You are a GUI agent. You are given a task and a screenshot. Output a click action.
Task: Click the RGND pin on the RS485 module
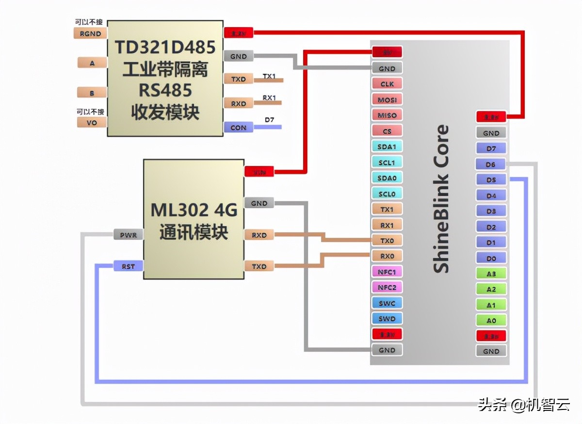(x=90, y=33)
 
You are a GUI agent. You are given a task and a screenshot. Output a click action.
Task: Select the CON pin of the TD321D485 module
(x=238, y=128)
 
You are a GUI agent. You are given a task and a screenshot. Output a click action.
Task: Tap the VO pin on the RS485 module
(x=92, y=122)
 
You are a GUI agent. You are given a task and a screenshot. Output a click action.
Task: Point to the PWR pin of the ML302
(x=128, y=235)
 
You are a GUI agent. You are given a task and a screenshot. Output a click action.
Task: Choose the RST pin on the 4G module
(x=128, y=266)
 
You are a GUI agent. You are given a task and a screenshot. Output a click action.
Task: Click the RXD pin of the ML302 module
(x=259, y=235)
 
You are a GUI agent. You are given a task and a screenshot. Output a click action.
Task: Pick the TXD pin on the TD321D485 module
(x=238, y=79)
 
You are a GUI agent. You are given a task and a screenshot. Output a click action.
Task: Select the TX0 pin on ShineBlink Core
(x=387, y=240)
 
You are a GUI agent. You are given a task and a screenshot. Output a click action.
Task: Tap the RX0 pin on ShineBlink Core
(x=387, y=256)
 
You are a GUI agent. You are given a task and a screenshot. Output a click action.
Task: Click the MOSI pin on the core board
(x=387, y=99)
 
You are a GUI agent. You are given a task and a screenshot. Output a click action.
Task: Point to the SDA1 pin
(x=387, y=147)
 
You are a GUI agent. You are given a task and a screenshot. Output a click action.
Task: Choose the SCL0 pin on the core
(x=387, y=194)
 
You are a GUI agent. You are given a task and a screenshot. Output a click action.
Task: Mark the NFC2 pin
(x=387, y=287)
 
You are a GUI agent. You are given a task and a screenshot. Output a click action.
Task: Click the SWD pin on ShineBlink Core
(x=387, y=319)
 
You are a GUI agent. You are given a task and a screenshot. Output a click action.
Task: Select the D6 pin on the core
(x=491, y=164)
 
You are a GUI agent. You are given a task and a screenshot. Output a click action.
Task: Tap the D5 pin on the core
(x=491, y=180)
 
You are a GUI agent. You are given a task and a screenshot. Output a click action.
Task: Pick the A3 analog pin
(x=491, y=274)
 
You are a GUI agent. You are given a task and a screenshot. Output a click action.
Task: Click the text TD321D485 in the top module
(x=165, y=48)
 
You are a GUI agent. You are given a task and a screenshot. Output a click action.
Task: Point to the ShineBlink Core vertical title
(x=440, y=199)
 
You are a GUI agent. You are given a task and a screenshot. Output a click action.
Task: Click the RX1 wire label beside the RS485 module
(x=269, y=98)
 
